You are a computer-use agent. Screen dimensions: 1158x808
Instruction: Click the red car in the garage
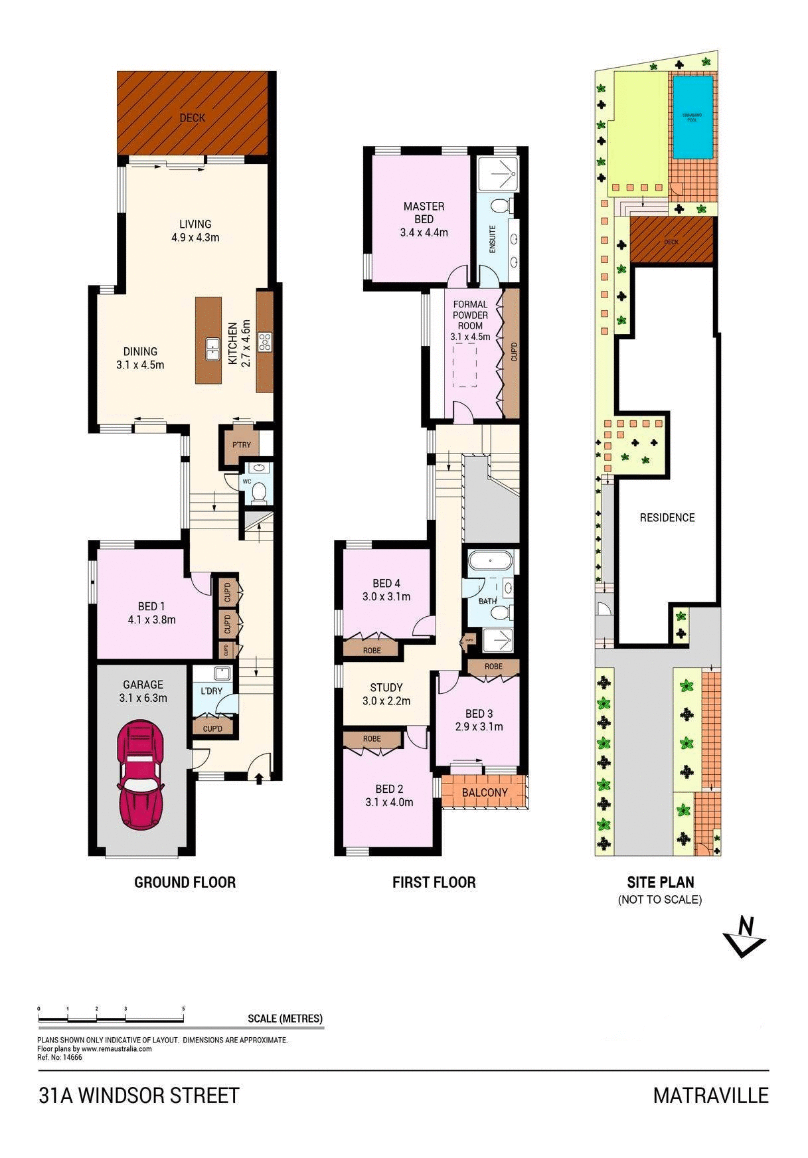point(140,774)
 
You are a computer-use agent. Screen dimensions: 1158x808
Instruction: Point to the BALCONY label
point(485,793)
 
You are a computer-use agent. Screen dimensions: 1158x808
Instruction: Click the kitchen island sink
point(213,347)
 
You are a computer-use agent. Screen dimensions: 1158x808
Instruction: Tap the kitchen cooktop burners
point(265,341)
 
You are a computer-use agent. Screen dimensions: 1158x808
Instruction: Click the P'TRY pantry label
point(241,446)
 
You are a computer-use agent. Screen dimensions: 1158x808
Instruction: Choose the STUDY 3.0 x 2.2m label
point(386,694)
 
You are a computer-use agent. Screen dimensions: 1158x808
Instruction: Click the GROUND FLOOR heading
point(185,882)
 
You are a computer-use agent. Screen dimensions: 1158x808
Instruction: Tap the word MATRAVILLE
point(710,1096)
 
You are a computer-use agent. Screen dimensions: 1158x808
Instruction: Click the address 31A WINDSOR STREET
point(139,1096)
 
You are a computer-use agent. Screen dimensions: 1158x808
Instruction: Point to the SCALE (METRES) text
point(285,1019)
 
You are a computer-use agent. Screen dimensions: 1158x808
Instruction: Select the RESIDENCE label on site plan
point(667,517)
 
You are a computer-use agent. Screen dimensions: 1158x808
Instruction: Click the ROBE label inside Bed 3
point(493,667)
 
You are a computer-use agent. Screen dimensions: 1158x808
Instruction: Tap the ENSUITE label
point(493,240)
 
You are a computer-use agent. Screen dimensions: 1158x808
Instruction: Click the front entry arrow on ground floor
point(259,778)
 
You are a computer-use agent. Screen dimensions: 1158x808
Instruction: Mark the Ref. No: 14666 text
point(60,1058)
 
